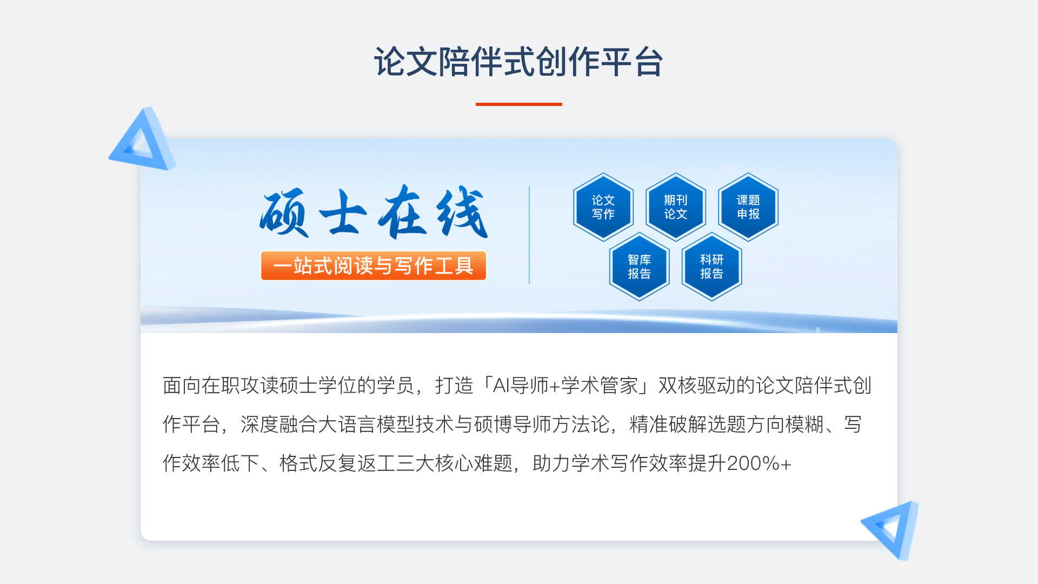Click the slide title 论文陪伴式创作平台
coord(518,62)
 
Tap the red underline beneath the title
coord(519,104)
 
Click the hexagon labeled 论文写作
coord(603,207)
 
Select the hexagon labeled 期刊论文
coord(676,207)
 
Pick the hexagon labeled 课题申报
coord(748,207)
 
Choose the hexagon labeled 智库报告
coord(640,267)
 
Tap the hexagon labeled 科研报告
coord(712,267)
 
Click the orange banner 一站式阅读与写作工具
coord(374,266)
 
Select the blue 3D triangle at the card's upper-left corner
coord(142,140)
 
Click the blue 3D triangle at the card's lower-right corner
coord(890,530)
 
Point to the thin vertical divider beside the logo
coord(529,235)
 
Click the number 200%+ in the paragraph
coord(759,463)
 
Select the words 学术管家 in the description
coord(600,386)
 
